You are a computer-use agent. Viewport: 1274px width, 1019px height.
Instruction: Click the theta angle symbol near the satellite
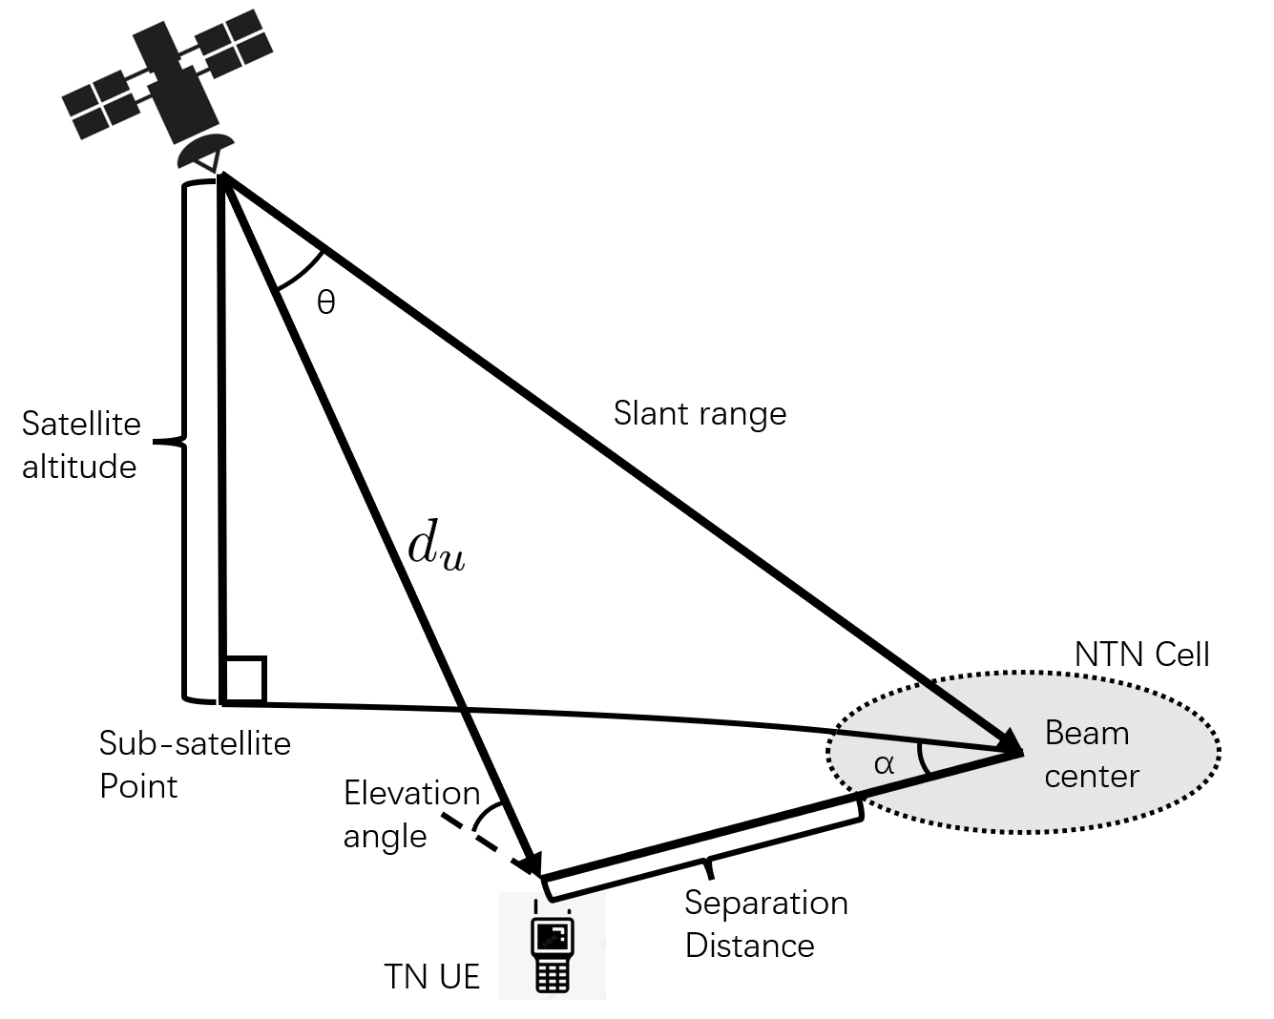pos(325,303)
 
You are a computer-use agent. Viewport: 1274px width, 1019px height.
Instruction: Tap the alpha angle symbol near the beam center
pos(884,763)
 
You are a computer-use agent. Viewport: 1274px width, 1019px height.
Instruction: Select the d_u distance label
pos(436,548)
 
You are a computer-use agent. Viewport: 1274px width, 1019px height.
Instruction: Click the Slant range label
pos(700,413)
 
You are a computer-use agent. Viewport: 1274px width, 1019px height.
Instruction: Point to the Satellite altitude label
pos(80,445)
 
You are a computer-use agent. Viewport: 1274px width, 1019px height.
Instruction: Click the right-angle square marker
pos(243,680)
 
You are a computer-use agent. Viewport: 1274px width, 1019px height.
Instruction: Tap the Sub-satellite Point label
pos(194,764)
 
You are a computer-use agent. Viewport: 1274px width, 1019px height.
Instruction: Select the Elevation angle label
pos(410,814)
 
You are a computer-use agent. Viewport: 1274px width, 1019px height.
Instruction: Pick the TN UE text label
pos(431,976)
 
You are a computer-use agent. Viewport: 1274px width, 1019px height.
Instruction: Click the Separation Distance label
pos(765,924)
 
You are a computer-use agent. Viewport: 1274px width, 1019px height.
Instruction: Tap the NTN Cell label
pos(1141,655)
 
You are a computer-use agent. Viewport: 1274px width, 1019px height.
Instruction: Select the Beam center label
pos(1091,754)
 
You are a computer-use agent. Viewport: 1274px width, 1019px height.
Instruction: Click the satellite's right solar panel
pos(232,36)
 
